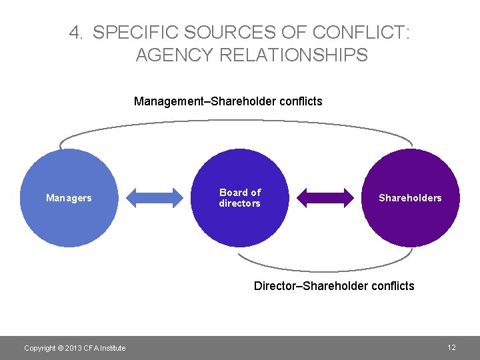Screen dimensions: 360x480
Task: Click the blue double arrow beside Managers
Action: tap(154, 197)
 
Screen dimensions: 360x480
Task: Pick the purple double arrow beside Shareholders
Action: tap(325, 197)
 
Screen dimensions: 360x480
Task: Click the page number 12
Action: tap(451, 347)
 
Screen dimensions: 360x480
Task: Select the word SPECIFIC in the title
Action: tap(135, 32)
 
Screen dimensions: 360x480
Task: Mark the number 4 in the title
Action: tap(75, 32)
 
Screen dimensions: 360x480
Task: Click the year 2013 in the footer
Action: tap(73, 348)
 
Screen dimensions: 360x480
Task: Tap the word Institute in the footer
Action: tap(112, 348)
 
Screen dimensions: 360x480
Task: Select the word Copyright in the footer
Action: tap(39, 348)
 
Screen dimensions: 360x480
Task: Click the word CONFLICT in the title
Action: tap(358, 32)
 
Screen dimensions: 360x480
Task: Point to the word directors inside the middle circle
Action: tap(240, 203)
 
